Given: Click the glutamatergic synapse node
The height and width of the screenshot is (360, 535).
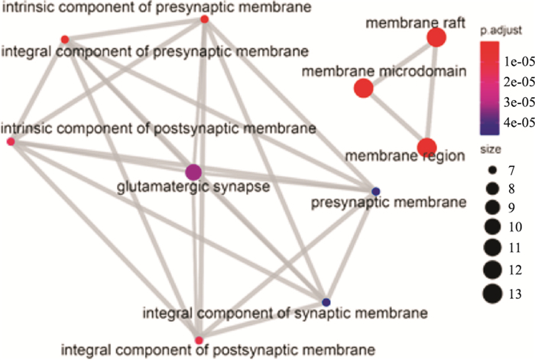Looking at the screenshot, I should pos(193,172).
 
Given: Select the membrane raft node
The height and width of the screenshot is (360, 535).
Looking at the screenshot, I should pos(436,37).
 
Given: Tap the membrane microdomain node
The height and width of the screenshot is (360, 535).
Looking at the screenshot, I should pos(364,89).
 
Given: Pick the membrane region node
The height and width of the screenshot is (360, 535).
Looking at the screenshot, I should pos(426,147).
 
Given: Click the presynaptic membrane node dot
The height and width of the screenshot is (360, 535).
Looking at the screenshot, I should pos(375,190).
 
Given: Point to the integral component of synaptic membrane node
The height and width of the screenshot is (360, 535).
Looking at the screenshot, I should pos(326,301).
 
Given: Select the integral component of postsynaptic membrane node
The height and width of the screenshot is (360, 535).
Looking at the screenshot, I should pos(199,339).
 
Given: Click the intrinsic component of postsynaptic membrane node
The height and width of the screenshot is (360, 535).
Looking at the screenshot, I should pos(11,142).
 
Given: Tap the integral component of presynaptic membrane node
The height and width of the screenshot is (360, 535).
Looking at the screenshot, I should pos(65,39).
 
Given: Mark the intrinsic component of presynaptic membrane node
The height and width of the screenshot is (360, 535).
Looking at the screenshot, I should pos(205,19).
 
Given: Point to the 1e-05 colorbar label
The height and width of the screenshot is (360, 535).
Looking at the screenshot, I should pos(514,60).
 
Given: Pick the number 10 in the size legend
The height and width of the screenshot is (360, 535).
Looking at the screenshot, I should pos(515,228).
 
